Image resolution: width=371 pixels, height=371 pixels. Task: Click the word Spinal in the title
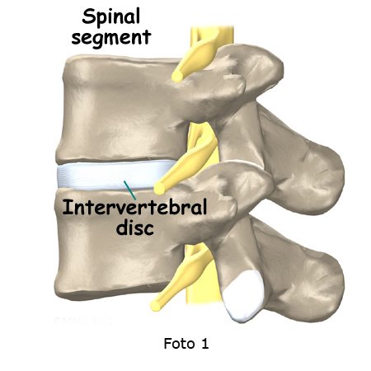(x=111, y=16)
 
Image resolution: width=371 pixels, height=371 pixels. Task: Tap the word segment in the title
(x=111, y=37)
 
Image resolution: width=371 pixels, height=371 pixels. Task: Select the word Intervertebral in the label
(x=134, y=207)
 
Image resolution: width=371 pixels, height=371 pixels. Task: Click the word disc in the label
(x=134, y=228)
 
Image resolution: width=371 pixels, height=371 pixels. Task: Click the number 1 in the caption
(x=205, y=344)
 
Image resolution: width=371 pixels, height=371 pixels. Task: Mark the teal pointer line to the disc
(x=129, y=190)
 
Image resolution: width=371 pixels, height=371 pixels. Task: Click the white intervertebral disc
(x=113, y=175)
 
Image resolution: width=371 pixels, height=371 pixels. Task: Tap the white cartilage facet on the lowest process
(x=244, y=295)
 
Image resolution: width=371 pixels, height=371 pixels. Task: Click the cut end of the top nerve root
(x=177, y=76)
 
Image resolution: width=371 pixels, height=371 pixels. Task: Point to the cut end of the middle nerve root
(x=160, y=188)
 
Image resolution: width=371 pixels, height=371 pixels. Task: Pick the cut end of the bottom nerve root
(x=156, y=305)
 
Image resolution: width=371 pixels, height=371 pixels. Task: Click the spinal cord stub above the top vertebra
(x=212, y=35)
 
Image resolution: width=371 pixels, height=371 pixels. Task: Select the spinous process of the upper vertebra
(x=303, y=162)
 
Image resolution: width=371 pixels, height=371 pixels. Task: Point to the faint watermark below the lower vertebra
(x=83, y=321)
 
